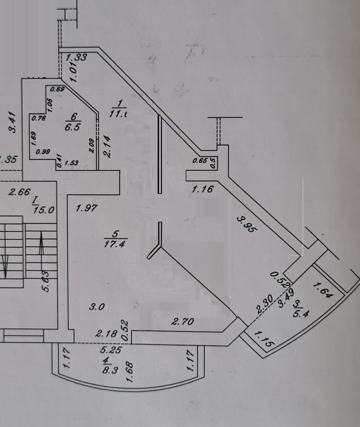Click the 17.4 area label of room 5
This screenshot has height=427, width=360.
click(116, 244)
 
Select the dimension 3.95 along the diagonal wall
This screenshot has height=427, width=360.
click(246, 224)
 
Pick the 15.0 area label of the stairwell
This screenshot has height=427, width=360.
click(44, 210)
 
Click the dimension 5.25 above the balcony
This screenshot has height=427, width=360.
click(111, 349)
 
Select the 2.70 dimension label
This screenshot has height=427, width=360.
click(182, 321)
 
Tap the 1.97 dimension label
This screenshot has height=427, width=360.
click(86, 208)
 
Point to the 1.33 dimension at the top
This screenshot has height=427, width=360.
click(76, 57)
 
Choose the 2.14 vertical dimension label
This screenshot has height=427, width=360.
click(107, 147)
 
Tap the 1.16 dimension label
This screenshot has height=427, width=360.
click(203, 189)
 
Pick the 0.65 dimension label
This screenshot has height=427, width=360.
click(200, 161)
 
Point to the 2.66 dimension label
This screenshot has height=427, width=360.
click(19, 192)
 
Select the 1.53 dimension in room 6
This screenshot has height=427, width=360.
click(71, 163)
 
